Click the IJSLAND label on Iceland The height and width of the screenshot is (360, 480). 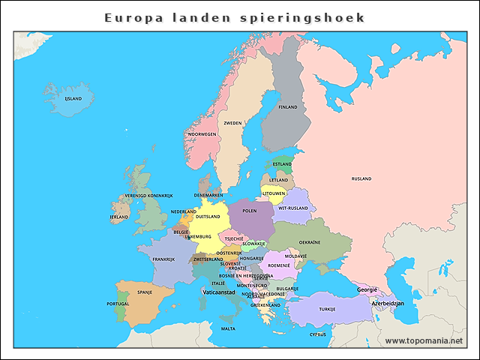point(73,98)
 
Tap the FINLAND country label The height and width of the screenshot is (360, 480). point(288,107)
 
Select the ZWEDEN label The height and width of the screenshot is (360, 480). point(233,123)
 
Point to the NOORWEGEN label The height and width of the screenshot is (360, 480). point(202,134)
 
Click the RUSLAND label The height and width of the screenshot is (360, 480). point(361,178)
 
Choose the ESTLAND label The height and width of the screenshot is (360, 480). point(283,164)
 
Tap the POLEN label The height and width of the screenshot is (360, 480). point(250,211)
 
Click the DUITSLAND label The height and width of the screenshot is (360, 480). point(208,217)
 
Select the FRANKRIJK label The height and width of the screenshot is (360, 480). point(163,259)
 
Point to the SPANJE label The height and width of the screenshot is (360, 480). point(145,292)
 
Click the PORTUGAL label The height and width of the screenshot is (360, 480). point(118,304)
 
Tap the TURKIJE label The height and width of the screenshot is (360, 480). point(328,309)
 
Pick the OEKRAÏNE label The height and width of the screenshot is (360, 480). point(310,242)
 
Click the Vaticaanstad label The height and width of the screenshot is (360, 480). point(218,292)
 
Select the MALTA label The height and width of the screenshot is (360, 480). point(228,328)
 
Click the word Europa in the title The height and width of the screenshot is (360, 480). point(130,17)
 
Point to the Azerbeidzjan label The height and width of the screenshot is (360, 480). point(388,303)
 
